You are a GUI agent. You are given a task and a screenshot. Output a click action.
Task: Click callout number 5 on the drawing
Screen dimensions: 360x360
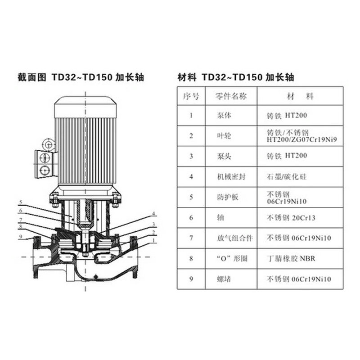point(21,202)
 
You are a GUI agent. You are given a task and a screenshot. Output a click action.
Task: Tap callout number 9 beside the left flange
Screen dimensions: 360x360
point(21,237)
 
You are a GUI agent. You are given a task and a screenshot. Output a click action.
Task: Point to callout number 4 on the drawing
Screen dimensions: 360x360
point(154,213)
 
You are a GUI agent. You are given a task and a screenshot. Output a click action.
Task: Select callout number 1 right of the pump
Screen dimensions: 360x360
point(154,240)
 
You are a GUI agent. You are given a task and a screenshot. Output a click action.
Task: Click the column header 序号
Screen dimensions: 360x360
point(191,96)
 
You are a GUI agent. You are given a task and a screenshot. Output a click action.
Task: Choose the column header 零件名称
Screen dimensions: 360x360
point(231,96)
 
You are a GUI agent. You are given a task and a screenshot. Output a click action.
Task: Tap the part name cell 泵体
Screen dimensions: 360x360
point(224,115)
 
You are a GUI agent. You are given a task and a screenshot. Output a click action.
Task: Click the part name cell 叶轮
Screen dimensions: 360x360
point(224,136)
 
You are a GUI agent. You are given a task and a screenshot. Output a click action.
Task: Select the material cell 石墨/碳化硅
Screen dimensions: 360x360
point(287,177)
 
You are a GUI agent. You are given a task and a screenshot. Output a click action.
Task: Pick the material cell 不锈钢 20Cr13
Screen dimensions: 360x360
point(291,218)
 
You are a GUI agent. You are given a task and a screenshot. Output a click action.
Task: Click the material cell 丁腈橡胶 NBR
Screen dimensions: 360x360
point(291,258)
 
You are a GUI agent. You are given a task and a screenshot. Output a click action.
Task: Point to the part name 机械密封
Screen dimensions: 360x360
point(231,177)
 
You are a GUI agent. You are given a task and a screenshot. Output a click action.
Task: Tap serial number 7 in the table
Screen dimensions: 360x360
point(191,238)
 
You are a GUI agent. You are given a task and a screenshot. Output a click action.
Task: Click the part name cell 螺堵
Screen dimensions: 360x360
point(224,279)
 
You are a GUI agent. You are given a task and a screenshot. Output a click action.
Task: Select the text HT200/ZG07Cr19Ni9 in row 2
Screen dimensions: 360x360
point(301,139)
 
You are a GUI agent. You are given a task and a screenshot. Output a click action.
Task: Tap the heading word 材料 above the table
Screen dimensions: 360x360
point(187,77)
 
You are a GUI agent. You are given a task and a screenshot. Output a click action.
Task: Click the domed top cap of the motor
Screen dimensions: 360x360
point(85,107)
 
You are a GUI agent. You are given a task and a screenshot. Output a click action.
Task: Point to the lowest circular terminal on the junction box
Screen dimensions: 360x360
point(45,171)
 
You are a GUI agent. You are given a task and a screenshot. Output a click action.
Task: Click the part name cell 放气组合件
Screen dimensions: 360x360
point(235,238)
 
